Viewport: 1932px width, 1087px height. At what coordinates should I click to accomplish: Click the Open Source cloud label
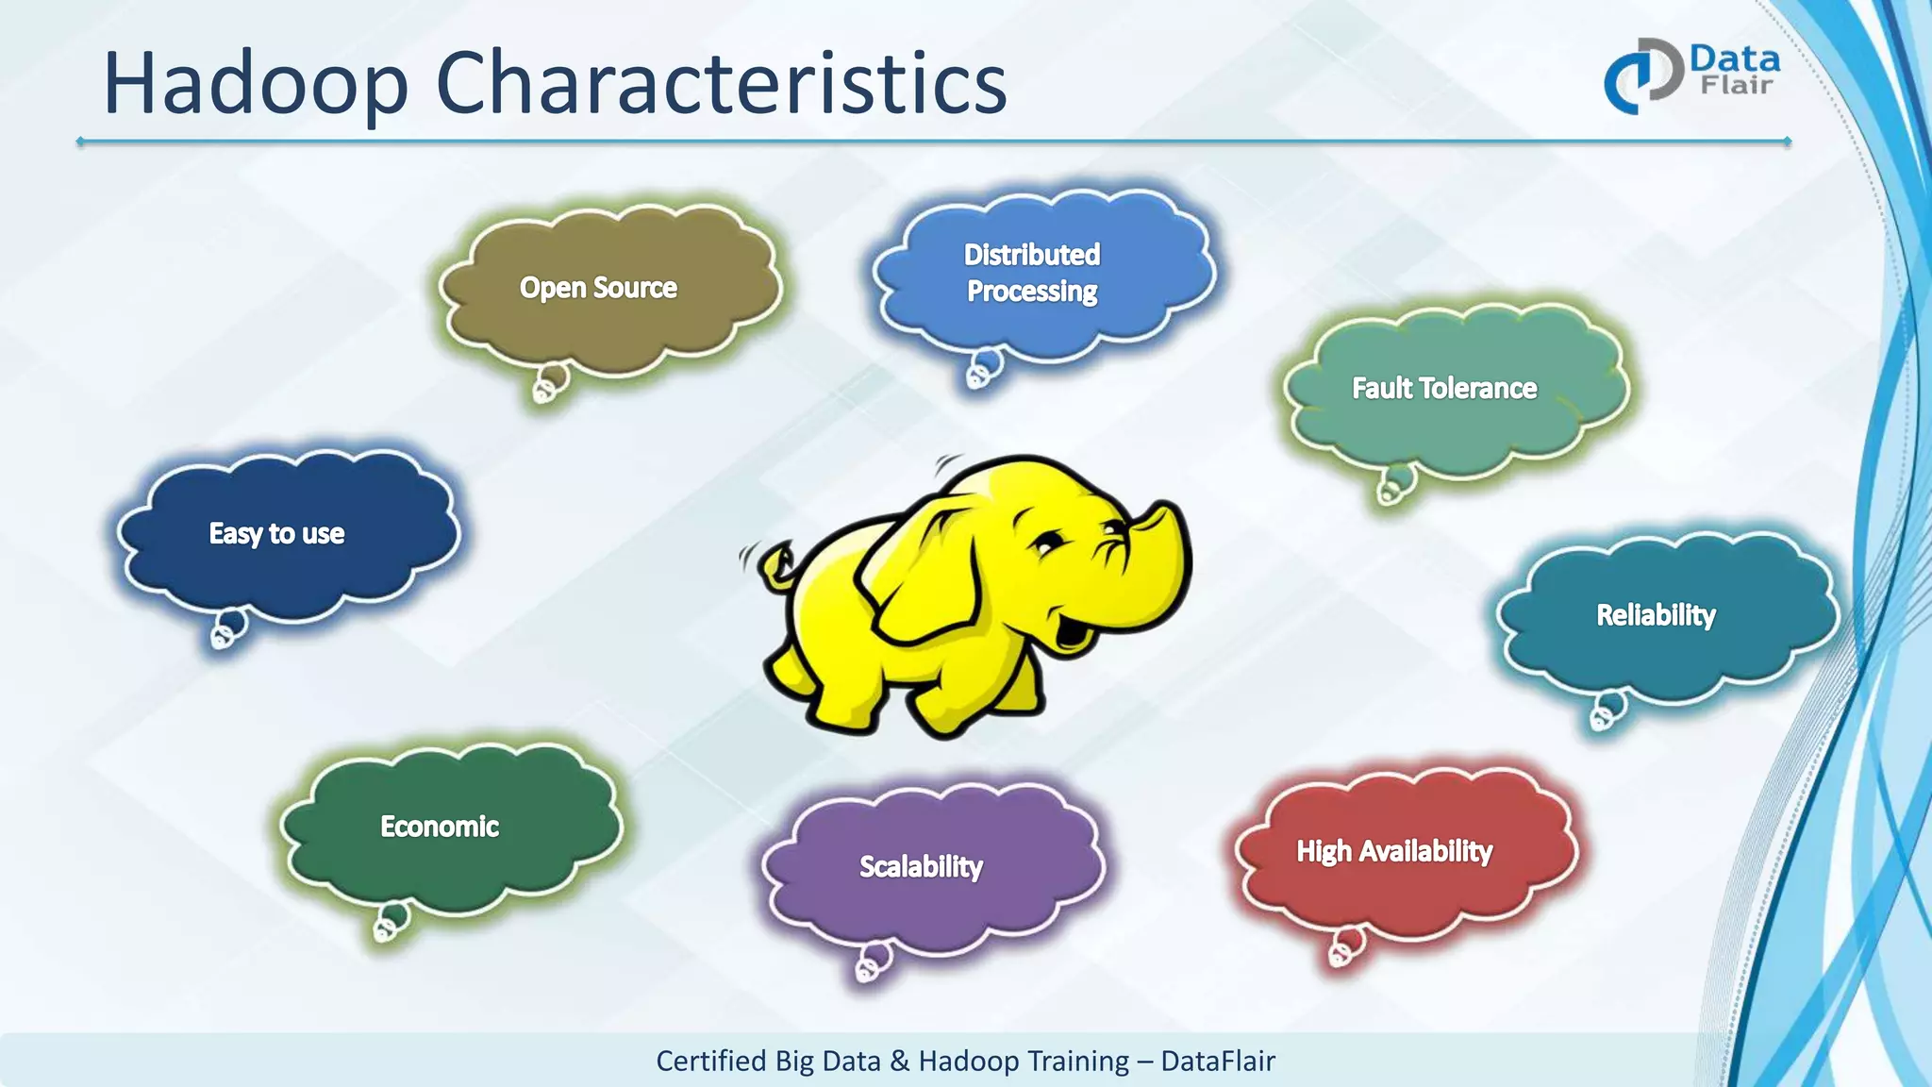point(598,288)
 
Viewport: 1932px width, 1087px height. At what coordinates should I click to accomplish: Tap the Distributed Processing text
point(1032,273)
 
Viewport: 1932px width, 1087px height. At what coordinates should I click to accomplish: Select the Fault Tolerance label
point(1444,389)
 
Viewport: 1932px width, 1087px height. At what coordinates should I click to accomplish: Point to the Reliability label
point(1656,615)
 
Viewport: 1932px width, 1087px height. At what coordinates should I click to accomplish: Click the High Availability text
point(1394,851)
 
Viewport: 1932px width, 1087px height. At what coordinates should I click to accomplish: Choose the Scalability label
point(921,866)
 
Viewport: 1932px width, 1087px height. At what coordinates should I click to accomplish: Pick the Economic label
point(440,827)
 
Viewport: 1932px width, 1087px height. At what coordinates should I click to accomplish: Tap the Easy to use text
point(276,534)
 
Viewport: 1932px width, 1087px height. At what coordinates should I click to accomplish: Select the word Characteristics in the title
point(722,85)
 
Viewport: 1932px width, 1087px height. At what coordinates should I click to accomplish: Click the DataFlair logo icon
point(1642,76)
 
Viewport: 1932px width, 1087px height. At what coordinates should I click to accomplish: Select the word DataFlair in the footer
point(1218,1062)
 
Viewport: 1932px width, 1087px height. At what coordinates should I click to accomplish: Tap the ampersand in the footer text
point(900,1062)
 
